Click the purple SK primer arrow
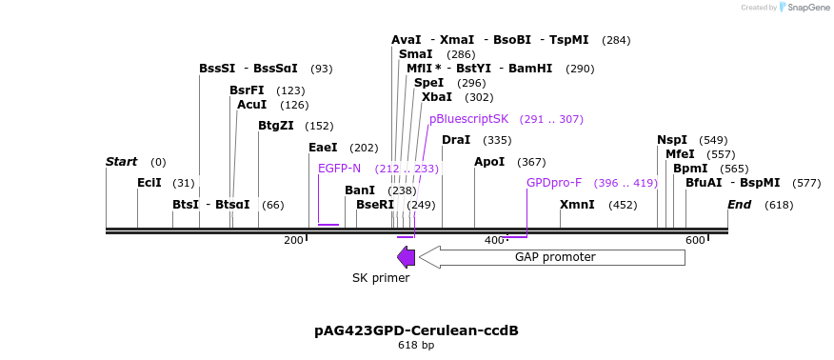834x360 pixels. click(x=406, y=257)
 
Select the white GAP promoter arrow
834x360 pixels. click(x=552, y=257)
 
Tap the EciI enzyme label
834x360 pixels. click(x=149, y=183)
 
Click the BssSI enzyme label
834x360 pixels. click(x=217, y=69)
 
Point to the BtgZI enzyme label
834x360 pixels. click(x=276, y=126)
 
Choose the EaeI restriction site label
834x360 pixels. click(x=323, y=148)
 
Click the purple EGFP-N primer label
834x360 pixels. click(x=339, y=169)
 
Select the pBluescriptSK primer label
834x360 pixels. click(x=468, y=119)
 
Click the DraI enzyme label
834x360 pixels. click(x=456, y=140)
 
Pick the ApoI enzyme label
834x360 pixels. click(x=489, y=162)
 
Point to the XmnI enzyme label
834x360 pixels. click(x=577, y=205)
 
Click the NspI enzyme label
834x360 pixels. click(x=672, y=140)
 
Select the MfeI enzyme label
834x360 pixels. click(x=680, y=154)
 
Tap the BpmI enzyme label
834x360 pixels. click(x=690, y=169)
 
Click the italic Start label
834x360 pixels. click(x=122, y=162)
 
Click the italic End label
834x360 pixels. click(x=740, y=205)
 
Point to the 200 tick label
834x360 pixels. click(x=293, y=240)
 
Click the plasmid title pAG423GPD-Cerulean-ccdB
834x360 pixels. click(x=416, y=330)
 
